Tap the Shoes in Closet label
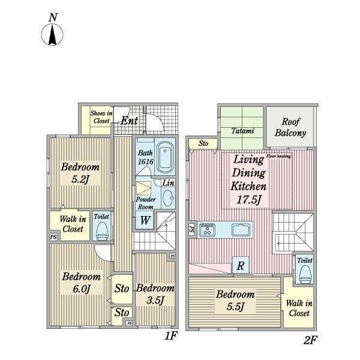click(101, 117)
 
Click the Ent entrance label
click(129, 121)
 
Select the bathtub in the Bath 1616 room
click(165, 157)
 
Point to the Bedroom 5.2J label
click(80, 173)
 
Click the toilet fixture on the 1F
click(101, 231)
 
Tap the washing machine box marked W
click(145, 220)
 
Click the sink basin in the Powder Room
click(168, 198)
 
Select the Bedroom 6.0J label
click(81, 283)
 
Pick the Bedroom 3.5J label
click(155, 294)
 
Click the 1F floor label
click(171, 335)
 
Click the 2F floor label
click(310, 340)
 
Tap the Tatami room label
click(242, 131)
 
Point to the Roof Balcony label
click(290, 127)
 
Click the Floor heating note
click(278, 156)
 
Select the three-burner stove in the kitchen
click(207, 230)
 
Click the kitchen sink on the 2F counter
click(241, 230)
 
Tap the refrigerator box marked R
click(241, 265)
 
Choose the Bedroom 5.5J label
click(235, 301)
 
